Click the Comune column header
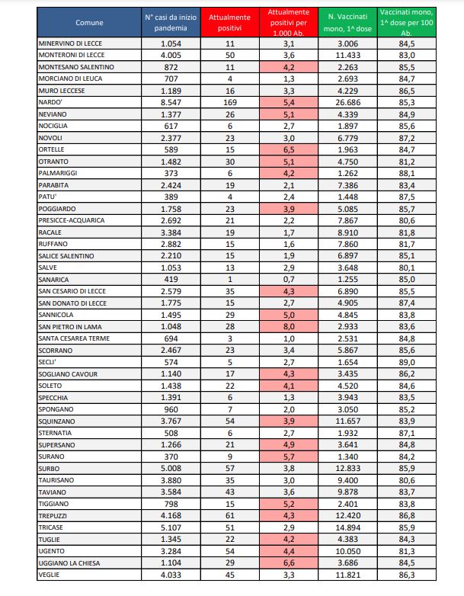[89, 23]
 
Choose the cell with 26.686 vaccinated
[345, 101]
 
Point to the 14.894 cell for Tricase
[345, 526]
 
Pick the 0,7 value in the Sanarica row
[288, 279]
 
